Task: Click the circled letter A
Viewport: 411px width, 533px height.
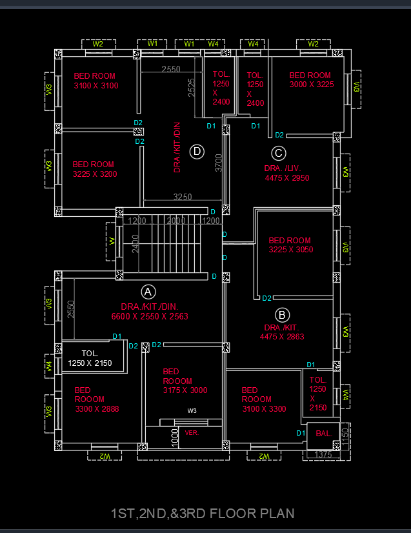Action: pos(148,290)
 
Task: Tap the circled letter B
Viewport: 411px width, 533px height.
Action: pos(282,315)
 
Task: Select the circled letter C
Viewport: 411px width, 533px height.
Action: pos(278,153)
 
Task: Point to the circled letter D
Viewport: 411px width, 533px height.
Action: pos(197,152)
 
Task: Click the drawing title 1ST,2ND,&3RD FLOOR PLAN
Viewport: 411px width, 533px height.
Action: pos(203,514)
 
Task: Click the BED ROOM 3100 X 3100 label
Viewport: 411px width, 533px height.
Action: pos(95,81)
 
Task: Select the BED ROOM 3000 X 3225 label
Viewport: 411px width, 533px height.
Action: pos(311,80)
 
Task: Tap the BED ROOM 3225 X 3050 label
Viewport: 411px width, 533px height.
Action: pos(290,245)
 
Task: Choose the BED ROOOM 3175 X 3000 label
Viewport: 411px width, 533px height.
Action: pos(185,381)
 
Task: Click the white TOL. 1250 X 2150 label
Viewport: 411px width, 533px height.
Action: pos(90,358)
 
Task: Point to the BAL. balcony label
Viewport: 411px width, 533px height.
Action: pos(323,434)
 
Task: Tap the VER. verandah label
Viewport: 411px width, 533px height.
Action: pos(192,432)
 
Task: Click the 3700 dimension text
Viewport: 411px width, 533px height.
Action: pos(219,162)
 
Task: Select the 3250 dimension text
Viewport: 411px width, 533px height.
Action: pos(183,197)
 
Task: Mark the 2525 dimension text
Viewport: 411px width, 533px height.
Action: pos(192,87)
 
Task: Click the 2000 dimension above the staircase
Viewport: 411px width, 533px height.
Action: pos(176,221)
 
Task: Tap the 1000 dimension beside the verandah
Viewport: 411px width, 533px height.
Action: pos(175,437)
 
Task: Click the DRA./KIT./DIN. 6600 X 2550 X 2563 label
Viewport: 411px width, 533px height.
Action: pos(149,312)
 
